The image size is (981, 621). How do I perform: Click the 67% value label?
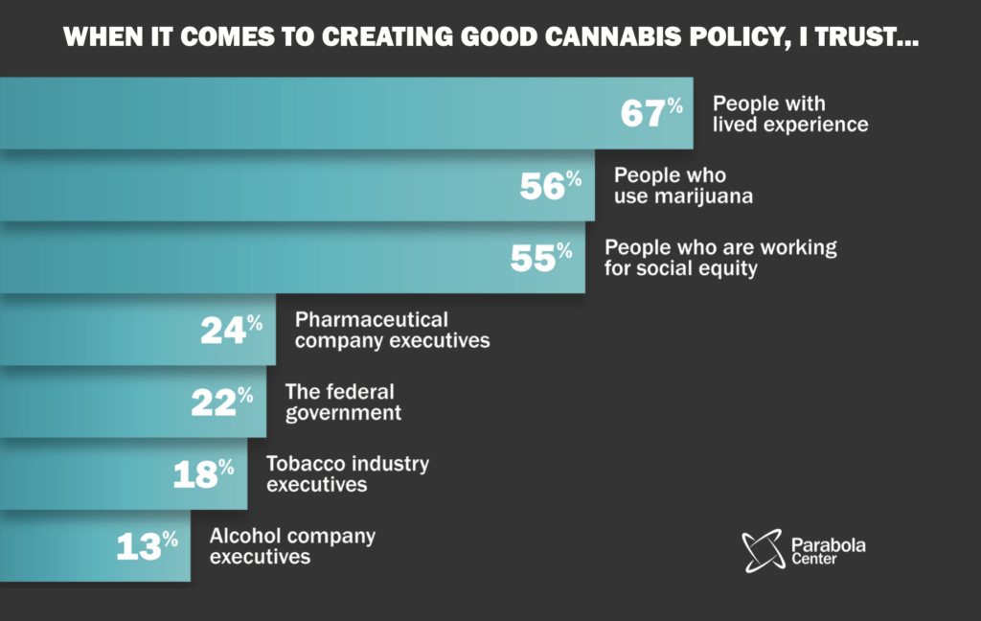(651, 113)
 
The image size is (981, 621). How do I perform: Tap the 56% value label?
(551, 186)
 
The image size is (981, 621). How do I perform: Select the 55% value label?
(541, 258)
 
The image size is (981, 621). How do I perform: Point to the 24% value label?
(231, 330)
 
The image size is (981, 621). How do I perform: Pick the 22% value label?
(221, 402)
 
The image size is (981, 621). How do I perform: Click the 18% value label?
(203, 474)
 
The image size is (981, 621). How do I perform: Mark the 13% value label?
(147, 546)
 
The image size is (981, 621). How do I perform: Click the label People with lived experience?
(790, 114)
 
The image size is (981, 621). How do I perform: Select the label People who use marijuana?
(684, 186)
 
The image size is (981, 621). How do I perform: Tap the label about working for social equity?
(720, 258)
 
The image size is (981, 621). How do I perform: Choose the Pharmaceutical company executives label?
(392, 330)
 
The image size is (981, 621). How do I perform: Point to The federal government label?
(343, 402)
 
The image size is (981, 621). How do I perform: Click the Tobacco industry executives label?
(348, 474)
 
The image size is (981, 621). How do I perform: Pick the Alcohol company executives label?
(292, 546)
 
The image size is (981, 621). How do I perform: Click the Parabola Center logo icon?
(763, 551)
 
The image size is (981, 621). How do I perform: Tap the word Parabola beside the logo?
(829, 545)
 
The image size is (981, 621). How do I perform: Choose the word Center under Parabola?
(814, 560)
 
